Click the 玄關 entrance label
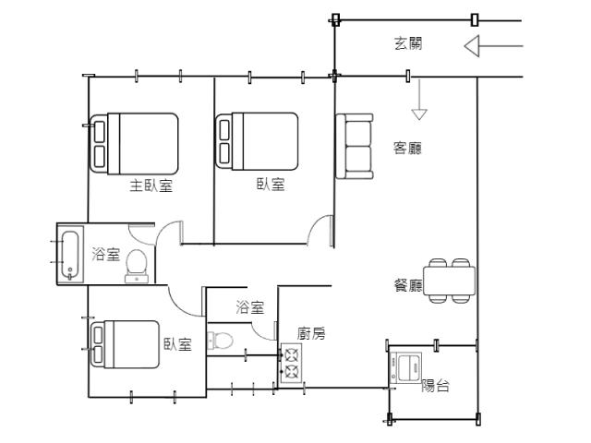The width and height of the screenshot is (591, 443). click(x=408, y=43)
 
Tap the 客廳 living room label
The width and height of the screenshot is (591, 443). click(x=407, y=148)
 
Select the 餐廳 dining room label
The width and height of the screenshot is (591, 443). click(x=408, y=285)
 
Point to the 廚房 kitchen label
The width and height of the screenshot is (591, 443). click(x=311, y=333)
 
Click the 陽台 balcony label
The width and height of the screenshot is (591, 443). click(x=435, y=386)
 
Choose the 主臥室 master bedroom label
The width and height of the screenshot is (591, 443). click(x=151, y=186)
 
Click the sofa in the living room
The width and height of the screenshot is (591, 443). click(x=355, y=146)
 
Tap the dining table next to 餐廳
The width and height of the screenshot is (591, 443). click(x=449, y=281)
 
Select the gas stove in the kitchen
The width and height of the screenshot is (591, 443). click(x=291, y=364)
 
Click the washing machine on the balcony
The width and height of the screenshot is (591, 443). click(x=406, y=368)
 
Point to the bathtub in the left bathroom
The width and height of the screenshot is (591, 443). click(x=70, y=255)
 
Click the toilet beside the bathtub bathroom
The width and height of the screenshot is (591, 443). click(x=137, y=266)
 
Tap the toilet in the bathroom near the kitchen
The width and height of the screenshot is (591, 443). click(x=220, y=341)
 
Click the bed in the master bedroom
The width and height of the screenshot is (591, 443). click(x=134, y=144)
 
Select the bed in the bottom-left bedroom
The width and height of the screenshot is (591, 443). click(x=125, y=344)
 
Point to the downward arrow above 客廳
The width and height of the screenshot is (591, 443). click(x=419, y=100)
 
